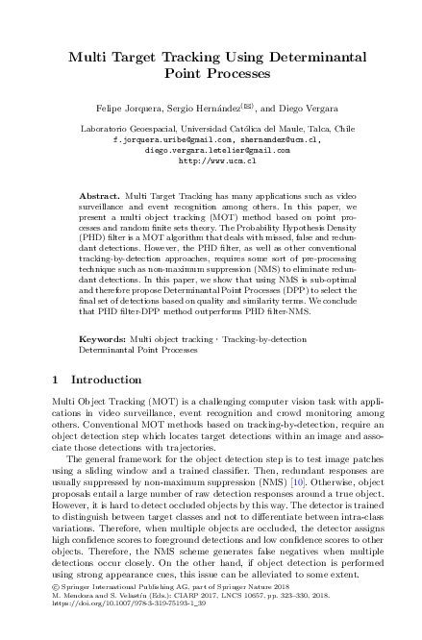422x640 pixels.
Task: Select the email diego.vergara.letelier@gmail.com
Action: point(211,150)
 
